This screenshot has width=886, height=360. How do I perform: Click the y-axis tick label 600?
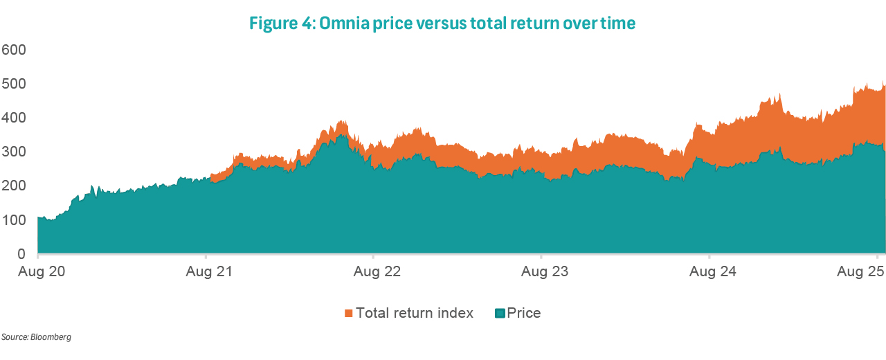point(14,50)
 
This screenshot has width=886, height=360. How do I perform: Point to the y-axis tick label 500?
point(14,84)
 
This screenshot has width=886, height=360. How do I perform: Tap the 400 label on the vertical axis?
point(14,118)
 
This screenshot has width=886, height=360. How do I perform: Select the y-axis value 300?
point(14,152)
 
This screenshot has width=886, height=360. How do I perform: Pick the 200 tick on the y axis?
point(14,186)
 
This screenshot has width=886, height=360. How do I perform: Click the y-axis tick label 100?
point(14,220)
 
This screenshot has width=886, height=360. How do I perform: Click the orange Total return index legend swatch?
point(348,314)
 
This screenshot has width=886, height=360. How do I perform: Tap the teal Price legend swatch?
point(500,314)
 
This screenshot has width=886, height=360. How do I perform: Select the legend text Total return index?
point(414,313)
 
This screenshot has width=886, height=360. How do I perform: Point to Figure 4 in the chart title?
point(281,24)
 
